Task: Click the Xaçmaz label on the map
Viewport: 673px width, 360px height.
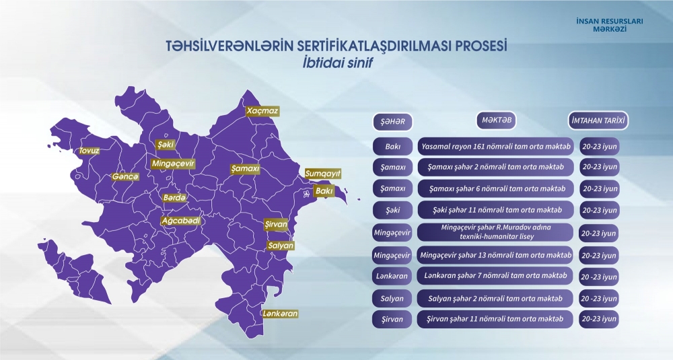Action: (x=262, y=110)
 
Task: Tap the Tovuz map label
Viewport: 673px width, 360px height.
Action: (x=89, y=151)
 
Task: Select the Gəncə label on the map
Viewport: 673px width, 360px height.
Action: (x=125, y=176)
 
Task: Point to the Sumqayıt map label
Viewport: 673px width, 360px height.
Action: (x=323, y=174)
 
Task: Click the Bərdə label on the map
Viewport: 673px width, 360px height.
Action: (x=174, y=198)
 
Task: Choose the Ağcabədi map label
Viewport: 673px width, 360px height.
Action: (x=180, y=220)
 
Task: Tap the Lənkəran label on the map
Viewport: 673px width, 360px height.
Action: (x=281, y=314)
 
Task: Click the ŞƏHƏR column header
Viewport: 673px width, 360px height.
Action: (x=392, y=121)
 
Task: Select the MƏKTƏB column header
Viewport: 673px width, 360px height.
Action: (x=496, y=120)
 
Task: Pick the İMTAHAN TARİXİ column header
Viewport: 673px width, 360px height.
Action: (x=598, y=121)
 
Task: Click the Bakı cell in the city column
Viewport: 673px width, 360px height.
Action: (x=393, y=145)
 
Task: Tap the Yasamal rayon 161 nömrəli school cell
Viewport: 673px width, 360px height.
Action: (x=496, y=145)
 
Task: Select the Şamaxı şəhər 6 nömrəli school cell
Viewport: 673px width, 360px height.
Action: (x=496, y=188)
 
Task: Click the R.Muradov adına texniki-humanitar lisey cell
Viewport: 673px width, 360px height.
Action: (x=496, y=233)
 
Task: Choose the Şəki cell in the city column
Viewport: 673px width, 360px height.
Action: (x=393, y=210)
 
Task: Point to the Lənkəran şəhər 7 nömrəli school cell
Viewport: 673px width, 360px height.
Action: (x=496, y=276)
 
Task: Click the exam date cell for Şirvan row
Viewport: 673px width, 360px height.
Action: (x=599, y=319)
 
